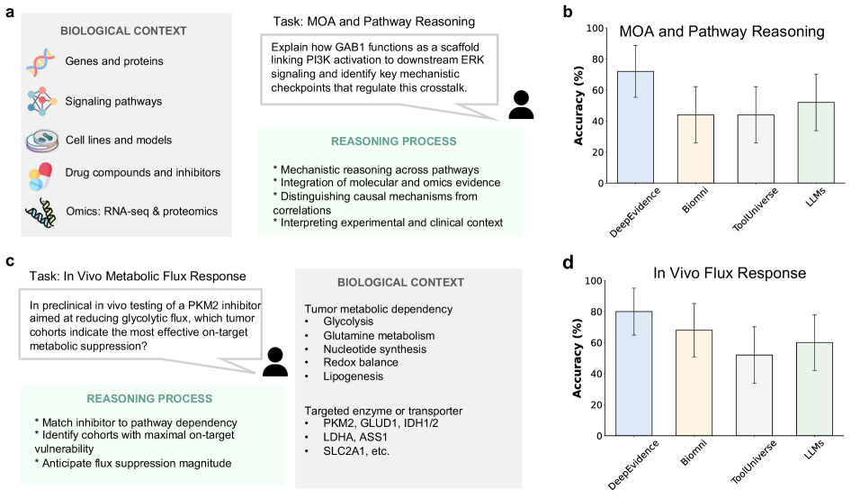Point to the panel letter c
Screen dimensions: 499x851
coord(10,261)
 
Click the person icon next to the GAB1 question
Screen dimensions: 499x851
coord(522,105)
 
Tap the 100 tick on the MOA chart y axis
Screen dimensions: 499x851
coord(596,28)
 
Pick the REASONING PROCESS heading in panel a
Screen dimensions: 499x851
coord(393,141)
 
